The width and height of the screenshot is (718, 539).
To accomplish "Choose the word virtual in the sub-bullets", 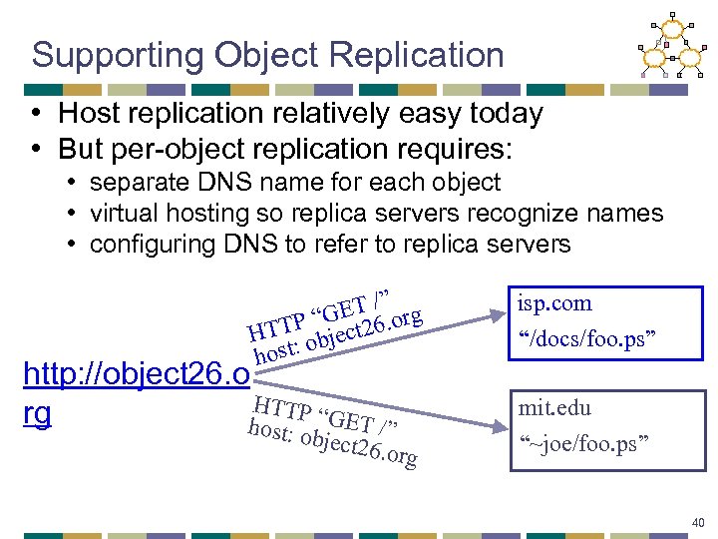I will pos(124,213).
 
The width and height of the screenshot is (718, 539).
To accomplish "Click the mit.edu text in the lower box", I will pos(554,408).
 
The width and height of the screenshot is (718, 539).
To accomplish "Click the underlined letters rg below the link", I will pos(37,412).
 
